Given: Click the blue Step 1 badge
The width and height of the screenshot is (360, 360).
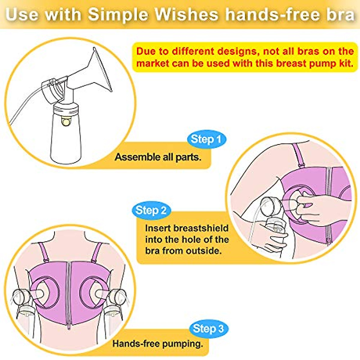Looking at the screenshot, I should (206, 139).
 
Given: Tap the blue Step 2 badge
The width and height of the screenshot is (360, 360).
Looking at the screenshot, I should (151, 210).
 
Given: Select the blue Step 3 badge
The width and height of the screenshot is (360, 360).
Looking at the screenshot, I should (208, 328).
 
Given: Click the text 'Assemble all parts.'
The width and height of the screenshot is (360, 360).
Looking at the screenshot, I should (158, 157).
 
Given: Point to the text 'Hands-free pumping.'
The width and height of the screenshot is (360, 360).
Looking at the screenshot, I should (158, 343).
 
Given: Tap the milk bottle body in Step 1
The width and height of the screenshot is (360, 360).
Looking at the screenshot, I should (65, 138).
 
